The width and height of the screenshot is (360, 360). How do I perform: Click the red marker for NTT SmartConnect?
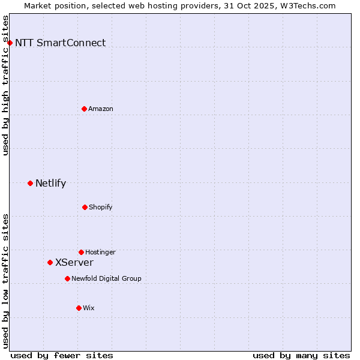click(x=10, y=43)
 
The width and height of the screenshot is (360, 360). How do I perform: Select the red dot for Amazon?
click(x=84, y=109)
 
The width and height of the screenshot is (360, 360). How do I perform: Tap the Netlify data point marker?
click(x=30, y=183)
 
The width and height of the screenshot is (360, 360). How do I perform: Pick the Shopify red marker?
click(x=85, y=207)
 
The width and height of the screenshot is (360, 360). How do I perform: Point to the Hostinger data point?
click(x=81, y=252)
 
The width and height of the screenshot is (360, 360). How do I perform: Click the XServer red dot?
click(x=50, y=262)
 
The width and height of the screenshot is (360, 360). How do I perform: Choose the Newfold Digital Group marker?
click(x=67, y=278)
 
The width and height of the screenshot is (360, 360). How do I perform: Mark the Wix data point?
click(x=79, y=308)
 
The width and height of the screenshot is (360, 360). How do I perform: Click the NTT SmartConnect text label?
click(x=60, y=43)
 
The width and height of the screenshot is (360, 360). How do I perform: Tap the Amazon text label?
click(x=101, y=109)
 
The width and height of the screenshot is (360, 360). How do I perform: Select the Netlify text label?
click(x=50, y=183)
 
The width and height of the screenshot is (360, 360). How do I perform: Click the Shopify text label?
click(x=101, y=207)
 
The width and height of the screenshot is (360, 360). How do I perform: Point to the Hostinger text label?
click(x=100, y=252)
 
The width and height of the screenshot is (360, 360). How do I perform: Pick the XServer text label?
click(x=74, y=262)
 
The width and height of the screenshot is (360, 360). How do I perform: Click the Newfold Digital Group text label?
click(x=106, y=278)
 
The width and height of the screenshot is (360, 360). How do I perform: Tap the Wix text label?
click(x=89, y=308)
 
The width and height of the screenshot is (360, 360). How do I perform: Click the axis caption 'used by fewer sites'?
click(x=62, y=355)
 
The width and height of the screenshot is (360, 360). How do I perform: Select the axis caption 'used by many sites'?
click(x=301, y=355)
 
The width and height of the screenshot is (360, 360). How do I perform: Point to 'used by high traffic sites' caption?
click(x=5, y=85)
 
